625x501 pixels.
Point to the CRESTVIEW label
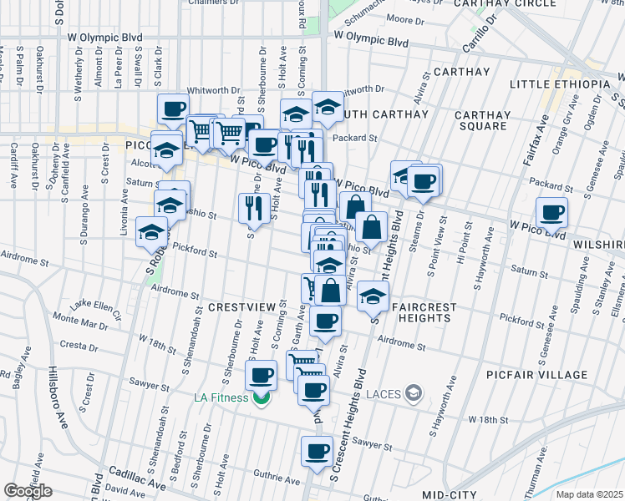[x=241, y=307]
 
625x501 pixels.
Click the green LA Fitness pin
[x=262, y=397]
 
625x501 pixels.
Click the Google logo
[x=28, y=491]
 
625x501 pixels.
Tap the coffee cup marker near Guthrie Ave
[x=316, y=453]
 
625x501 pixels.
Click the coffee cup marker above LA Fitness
[x=262, y=374]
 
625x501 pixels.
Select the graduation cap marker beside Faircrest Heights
[x=373, y=296]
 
